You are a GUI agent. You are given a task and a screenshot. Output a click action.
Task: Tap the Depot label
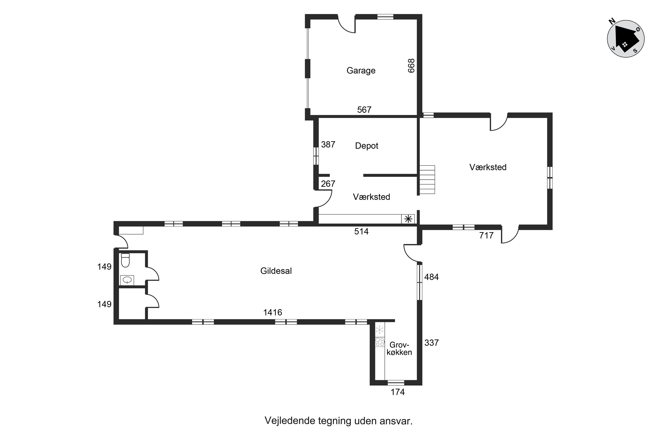367,146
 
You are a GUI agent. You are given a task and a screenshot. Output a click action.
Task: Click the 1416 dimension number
273,312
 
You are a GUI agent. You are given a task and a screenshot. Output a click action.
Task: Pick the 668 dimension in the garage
411,66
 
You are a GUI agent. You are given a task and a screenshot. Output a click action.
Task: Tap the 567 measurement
364,109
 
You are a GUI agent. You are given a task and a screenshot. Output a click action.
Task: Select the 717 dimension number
486,235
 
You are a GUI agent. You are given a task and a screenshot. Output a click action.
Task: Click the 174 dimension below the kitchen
397,392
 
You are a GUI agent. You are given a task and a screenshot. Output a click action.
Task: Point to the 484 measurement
432,277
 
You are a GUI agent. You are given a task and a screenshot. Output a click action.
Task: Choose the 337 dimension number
432,343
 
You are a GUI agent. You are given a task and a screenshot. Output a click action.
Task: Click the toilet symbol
125,260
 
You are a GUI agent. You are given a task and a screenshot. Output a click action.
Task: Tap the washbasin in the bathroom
127,280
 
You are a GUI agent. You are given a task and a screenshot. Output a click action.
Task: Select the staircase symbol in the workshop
427,180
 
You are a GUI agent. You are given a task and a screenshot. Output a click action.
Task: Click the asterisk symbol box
408,219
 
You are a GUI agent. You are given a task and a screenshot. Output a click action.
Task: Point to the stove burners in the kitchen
380,342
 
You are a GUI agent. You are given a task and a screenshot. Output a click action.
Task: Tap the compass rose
626,39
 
